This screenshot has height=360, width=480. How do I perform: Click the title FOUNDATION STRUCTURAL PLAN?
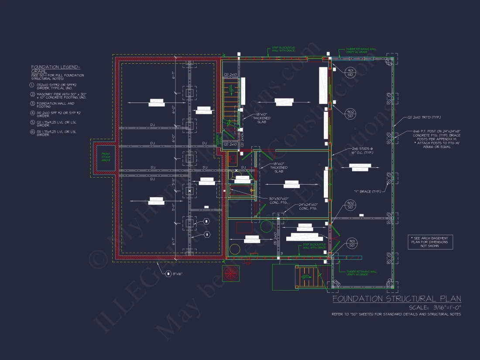(x=397, y=299)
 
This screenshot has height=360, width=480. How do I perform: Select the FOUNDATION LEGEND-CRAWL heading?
(x=55, y=69)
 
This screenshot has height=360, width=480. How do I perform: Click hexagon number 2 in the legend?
(x=32, y=94)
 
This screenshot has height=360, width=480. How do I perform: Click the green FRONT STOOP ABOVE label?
(x=106, y=157)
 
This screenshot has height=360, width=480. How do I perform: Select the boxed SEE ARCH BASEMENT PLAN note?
(x=430, y=242)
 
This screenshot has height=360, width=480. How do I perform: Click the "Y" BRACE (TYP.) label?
(x=367, y=192)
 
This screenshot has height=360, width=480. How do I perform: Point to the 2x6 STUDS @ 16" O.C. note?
(x=357, y=151)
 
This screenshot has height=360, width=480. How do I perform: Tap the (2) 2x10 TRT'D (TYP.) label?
(x=424, y=118)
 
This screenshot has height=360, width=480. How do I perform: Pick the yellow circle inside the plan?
(x=235, y=249)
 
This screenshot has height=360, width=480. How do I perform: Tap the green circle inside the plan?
(x=266, y=226)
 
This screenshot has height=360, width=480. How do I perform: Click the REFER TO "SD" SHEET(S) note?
(x=396, y=314)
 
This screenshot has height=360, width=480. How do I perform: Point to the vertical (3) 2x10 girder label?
(x=275, y=239)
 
